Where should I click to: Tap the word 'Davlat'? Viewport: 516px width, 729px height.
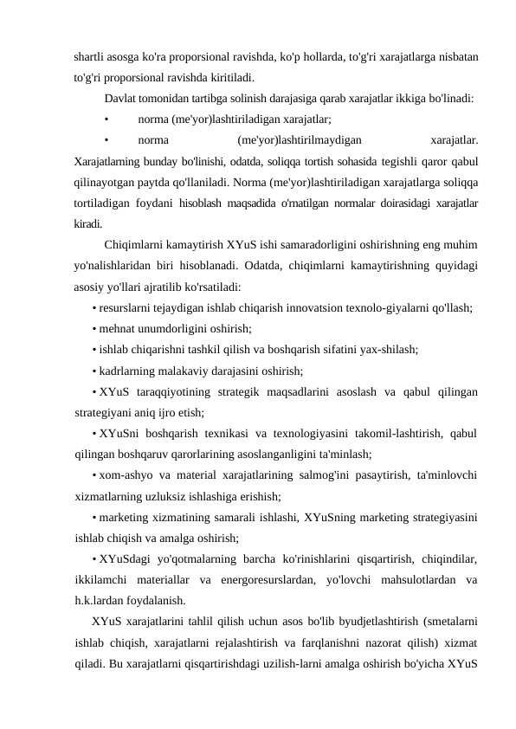[120, 99]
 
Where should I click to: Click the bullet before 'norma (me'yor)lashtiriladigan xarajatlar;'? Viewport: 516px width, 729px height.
[106, 119]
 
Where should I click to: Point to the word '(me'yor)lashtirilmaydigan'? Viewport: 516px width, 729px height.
[300, 140]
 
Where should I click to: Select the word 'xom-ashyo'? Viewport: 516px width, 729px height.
[127, 474]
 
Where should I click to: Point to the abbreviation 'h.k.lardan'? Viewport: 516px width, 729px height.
[103, 600]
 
